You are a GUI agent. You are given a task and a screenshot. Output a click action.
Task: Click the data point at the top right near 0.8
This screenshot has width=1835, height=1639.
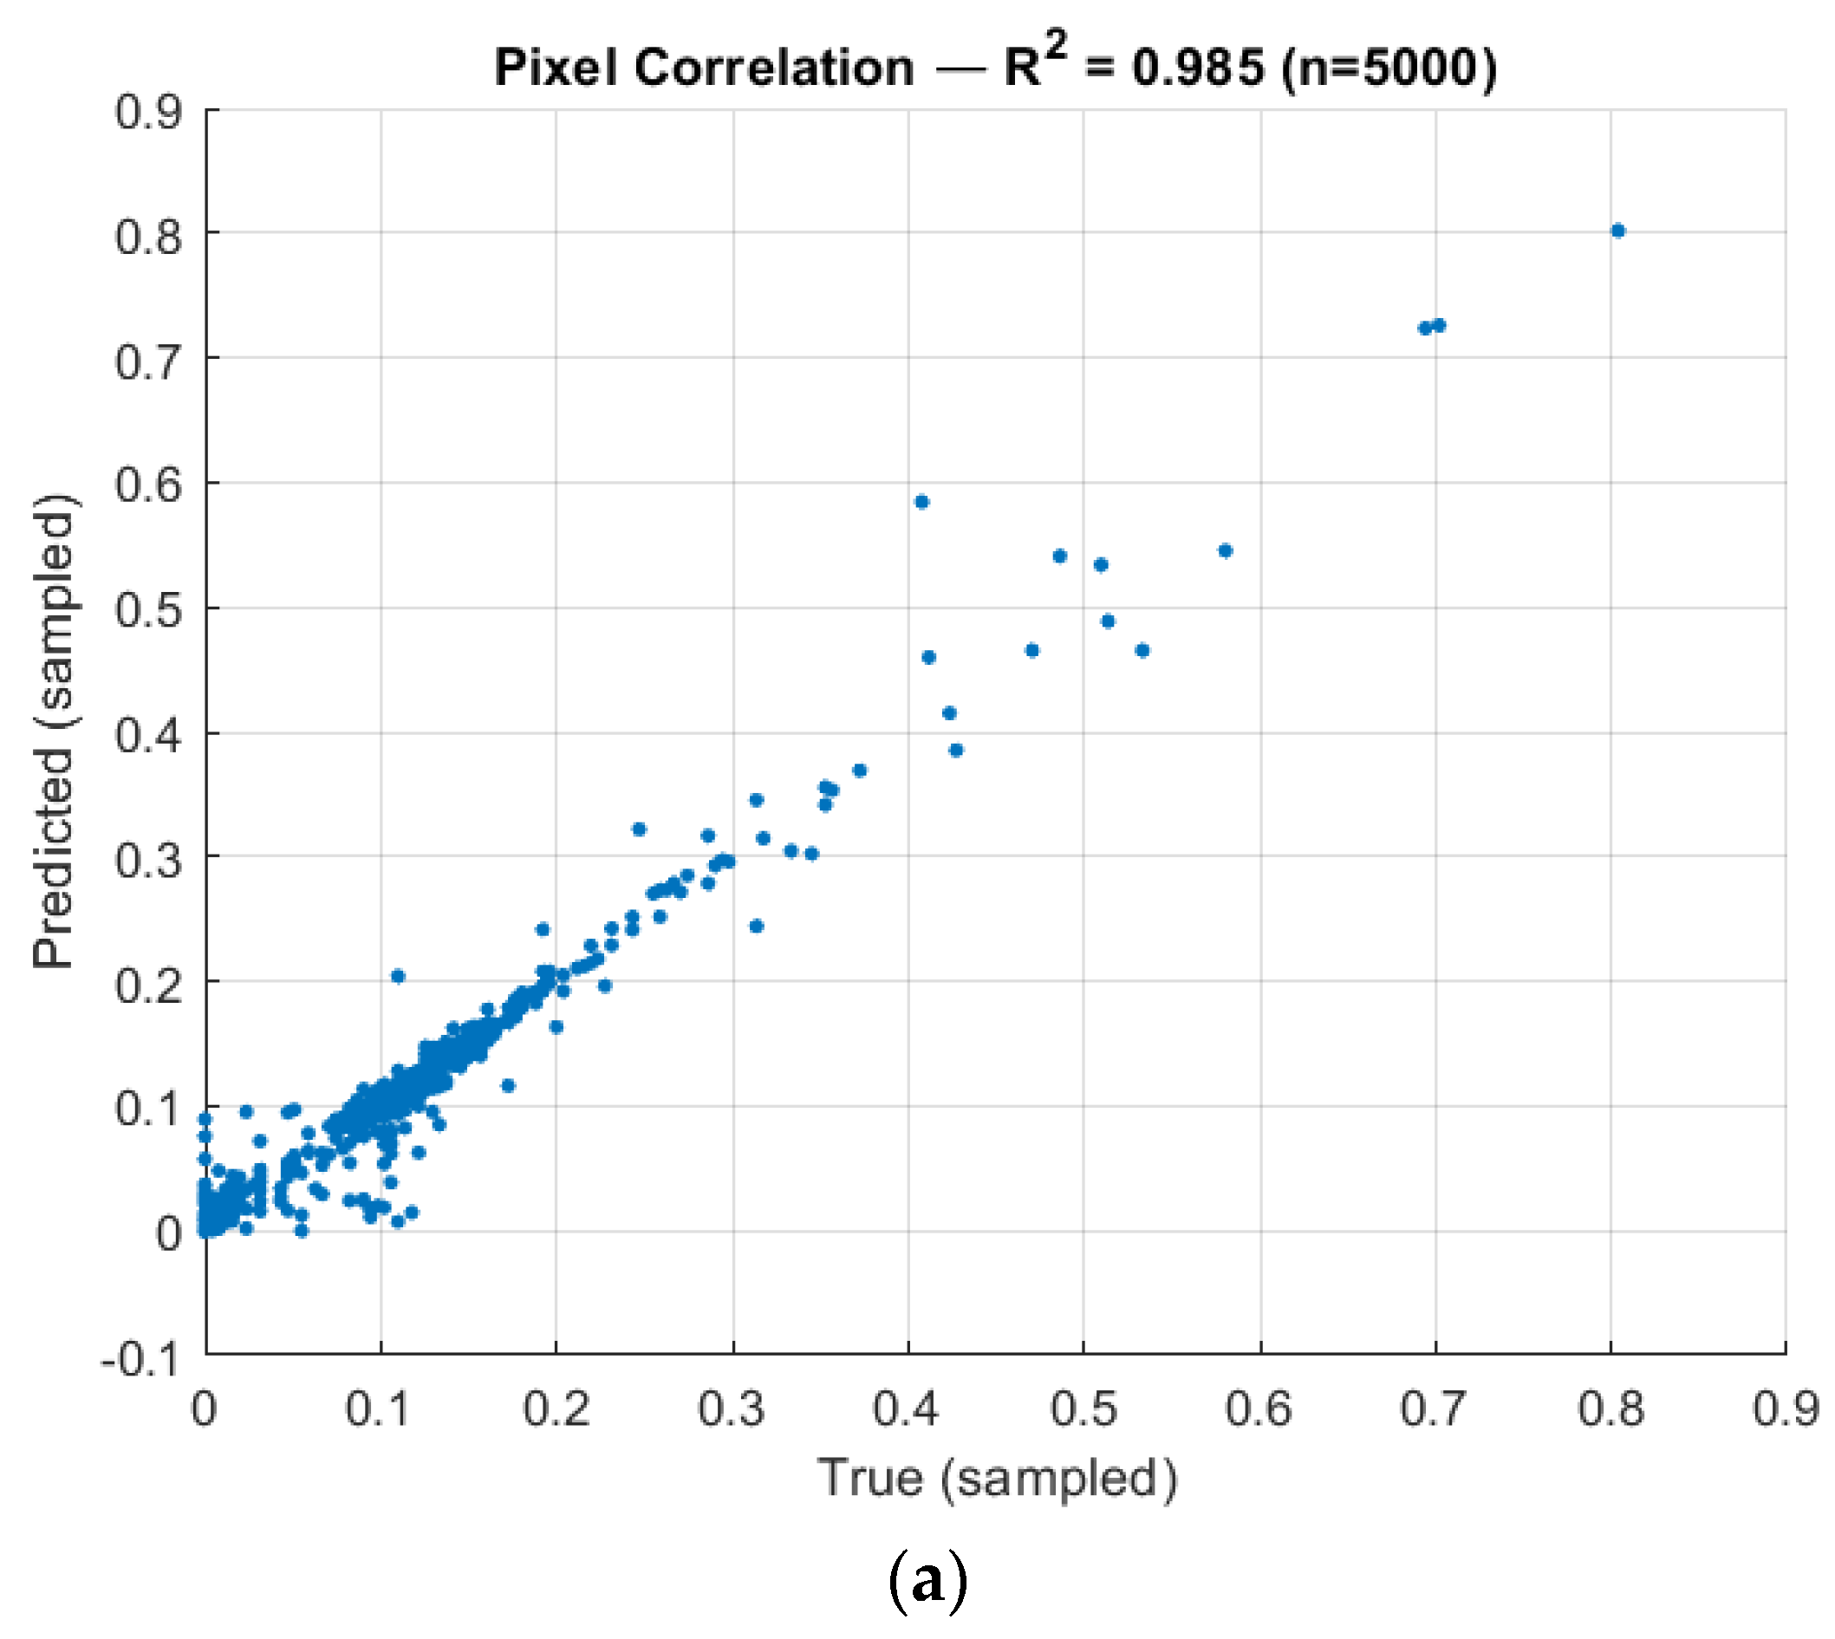click(x=1618, y=231)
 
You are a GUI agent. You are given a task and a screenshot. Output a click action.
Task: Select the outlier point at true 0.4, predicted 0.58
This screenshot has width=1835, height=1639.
click(x=921, y=502)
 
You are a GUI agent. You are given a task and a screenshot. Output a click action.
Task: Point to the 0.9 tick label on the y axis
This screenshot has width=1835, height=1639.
click(x=147, y=112)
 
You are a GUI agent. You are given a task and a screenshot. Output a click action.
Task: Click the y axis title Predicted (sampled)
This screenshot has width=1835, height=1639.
click(x=54, y=731)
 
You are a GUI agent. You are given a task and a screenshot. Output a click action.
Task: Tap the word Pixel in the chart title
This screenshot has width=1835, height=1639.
click(x=556, y=68)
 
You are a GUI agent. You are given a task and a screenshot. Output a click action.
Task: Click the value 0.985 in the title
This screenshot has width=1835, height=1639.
click(x=1198, y=68)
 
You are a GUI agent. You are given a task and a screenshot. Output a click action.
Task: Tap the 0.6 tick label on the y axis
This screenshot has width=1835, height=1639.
click(x=147, y=485)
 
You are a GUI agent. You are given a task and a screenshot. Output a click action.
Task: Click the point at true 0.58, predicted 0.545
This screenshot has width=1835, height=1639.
click(x=1225, y=550)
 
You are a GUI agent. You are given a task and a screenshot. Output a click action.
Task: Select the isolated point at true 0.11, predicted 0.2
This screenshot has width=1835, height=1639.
click(x=398, y=976)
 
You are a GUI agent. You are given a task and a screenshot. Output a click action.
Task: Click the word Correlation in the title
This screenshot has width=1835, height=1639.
click(x=773, y=68)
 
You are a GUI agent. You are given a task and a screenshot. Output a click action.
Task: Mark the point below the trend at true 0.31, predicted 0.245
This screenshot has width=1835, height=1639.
click(x=757, y=926)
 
